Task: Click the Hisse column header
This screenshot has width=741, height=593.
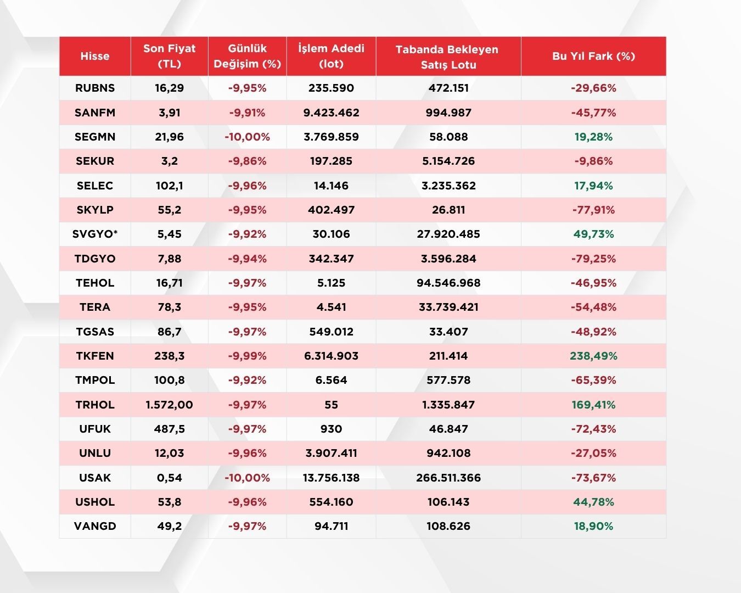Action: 95,56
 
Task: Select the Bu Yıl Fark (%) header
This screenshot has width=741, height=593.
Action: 593,56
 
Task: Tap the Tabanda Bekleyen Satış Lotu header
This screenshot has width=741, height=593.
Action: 448,57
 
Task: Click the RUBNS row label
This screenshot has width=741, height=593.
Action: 95,88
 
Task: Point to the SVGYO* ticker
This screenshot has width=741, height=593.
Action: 95,234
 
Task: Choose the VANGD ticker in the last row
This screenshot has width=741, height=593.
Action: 95,526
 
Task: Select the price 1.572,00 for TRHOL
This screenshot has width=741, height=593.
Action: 169,405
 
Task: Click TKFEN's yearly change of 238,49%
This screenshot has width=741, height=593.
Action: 593,356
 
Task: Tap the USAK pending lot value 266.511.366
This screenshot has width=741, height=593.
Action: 448,478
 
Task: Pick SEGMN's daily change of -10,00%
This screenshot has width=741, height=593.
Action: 247,137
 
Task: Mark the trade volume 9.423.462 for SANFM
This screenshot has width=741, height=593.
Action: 331,113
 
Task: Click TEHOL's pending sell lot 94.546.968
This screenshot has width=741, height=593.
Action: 448,283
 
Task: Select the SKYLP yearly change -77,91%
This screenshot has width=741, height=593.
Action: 593,210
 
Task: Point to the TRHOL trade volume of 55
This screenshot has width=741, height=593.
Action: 331,405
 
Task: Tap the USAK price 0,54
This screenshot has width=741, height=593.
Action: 169,478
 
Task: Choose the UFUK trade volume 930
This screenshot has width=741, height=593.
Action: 331,429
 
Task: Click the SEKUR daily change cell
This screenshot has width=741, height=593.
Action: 247,161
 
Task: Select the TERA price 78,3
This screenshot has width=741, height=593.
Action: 169,307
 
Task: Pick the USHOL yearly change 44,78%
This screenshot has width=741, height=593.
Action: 593,502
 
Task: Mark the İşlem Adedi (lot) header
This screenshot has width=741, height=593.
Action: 331,56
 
